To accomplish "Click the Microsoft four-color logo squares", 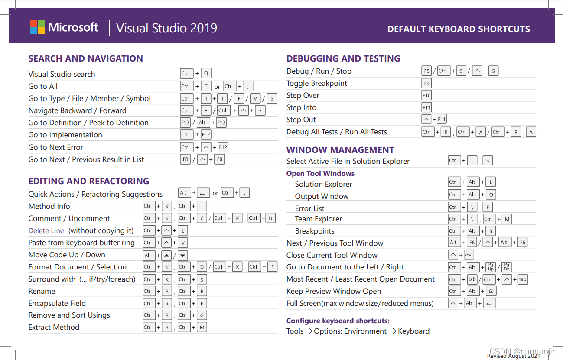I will pos(37,27).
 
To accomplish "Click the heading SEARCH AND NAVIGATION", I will pos(85,58).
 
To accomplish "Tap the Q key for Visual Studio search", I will pos(206,74).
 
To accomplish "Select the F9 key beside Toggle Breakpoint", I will pos(426,83).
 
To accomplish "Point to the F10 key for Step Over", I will pos(426,95).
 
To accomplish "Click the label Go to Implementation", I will pos(65,135).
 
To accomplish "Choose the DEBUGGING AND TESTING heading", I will pos(343,58).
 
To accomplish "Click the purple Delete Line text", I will pos(46,230).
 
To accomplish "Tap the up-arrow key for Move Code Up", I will pos(167,256).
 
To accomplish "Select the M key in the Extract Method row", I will pos(202,328).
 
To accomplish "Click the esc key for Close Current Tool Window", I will pos(469,255).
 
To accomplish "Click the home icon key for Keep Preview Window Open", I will pos(491,291).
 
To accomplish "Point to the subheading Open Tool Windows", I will pos(320,173).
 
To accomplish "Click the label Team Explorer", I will pos(319,219).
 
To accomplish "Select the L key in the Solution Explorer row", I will pos(491,182).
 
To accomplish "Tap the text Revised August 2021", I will pos(513,356).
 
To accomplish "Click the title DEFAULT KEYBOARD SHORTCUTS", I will pos(459,29).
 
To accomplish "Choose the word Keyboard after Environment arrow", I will pos(413,331).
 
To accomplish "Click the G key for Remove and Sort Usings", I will pos(202,315).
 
